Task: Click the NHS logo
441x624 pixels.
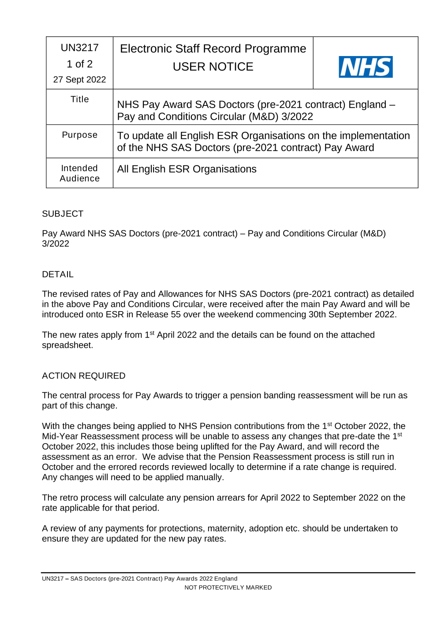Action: [366, 67]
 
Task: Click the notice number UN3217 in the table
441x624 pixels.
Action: [80, 48]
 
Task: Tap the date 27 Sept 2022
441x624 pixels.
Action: [80, 79]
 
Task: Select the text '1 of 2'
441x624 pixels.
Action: [80, 64]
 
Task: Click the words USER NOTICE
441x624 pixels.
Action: [213, 67]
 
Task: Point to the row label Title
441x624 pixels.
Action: [80, 99]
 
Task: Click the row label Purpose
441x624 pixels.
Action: [80, 135]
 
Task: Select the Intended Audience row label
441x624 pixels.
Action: [80, 173]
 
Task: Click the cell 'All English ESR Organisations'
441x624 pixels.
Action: [187, 169]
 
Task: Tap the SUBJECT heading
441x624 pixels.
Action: [63, 214]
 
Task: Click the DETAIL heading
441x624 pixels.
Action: [58, 274]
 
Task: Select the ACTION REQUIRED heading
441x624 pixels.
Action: [84, 376]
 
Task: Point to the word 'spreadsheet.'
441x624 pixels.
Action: [67, 345]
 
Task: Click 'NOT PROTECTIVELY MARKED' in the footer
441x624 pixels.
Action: [228, 587]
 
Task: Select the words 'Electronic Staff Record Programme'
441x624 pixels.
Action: [213, 49]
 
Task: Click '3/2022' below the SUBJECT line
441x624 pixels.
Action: [56, 244]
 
